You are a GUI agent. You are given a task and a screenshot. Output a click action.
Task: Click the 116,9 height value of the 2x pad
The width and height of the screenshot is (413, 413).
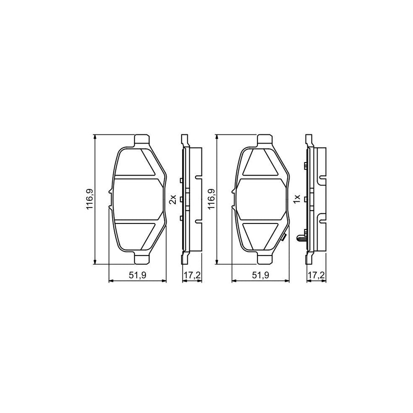(90, 200)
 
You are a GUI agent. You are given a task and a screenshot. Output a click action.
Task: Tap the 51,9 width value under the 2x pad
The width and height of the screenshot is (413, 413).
(137, 276)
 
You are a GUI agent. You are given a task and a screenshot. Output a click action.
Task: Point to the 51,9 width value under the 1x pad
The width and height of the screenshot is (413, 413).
(260, 276)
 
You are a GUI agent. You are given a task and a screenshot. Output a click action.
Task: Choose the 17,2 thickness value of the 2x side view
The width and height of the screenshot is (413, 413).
(192, 276)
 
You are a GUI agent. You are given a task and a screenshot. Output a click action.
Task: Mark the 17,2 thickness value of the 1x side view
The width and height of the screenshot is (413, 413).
(316, 276)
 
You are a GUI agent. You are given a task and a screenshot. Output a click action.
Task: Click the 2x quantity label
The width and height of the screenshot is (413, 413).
(173, 199)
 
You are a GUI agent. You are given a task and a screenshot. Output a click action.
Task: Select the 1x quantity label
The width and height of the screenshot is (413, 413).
(297, 199)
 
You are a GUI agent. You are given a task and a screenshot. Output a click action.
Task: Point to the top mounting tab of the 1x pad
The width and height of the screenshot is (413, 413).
(264, 139)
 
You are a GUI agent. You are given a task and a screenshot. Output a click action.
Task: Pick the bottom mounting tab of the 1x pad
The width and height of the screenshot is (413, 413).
(264, 259)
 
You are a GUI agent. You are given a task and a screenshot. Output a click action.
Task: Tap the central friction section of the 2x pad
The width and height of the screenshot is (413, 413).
(137, 199)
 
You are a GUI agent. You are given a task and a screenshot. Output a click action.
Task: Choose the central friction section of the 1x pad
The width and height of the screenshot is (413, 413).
(260, 199)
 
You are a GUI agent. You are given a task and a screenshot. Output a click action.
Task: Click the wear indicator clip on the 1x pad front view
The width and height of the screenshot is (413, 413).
(284, 237)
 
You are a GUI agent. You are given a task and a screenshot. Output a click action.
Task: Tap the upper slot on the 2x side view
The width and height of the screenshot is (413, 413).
(198, 177)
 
